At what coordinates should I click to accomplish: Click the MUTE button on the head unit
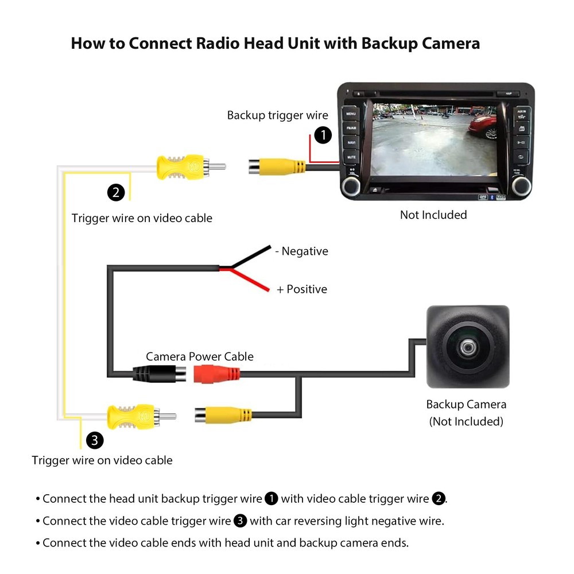pos(350,156)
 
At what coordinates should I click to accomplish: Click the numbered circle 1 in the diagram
pos(324,135)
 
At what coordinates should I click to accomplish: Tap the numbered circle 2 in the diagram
pos(116,192)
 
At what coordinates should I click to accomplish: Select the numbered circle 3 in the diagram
pos(95,440)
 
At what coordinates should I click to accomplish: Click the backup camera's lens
pos(467,347)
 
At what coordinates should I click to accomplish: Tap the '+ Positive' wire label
pos(302,289)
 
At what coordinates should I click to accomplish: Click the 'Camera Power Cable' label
pos(199,356)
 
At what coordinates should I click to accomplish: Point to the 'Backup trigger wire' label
pos(277,115)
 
